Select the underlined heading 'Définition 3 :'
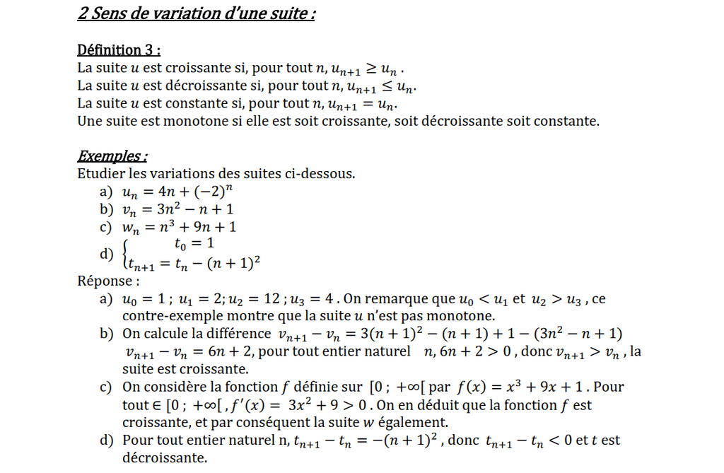tap(119, 50)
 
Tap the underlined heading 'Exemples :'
tap(112, 156)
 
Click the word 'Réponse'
tap(105, 281)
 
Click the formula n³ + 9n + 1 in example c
tap(199, 227)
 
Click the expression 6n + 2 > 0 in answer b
tap(477, 351)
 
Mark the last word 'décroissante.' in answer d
tap(165, 458)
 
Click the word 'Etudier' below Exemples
tap(101, 174)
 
